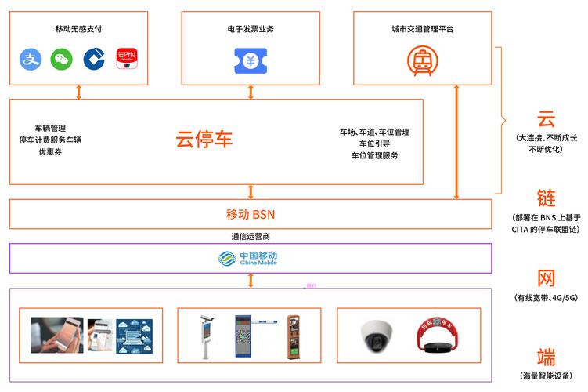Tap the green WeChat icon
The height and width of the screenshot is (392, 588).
click(x=62, y=59)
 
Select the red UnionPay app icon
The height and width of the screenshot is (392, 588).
click(x=127, y=59)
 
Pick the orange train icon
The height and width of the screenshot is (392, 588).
click(x=423, y=60)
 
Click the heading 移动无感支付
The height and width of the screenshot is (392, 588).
click(x=79, y=29)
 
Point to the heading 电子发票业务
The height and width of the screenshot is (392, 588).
click(x=251, y=29)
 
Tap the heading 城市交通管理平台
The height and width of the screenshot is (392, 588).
click(x=422, y=29)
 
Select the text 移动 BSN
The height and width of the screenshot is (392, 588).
click(x=250, y=214)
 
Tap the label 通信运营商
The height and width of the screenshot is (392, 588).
click(x=251, y=235)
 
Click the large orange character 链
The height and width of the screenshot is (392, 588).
click(x=546, y=198)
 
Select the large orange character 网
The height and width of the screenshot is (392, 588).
click(x=546, y=278)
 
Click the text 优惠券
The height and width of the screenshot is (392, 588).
click(x=50, y=151)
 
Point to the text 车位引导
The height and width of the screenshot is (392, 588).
click(x=374, y=144)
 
